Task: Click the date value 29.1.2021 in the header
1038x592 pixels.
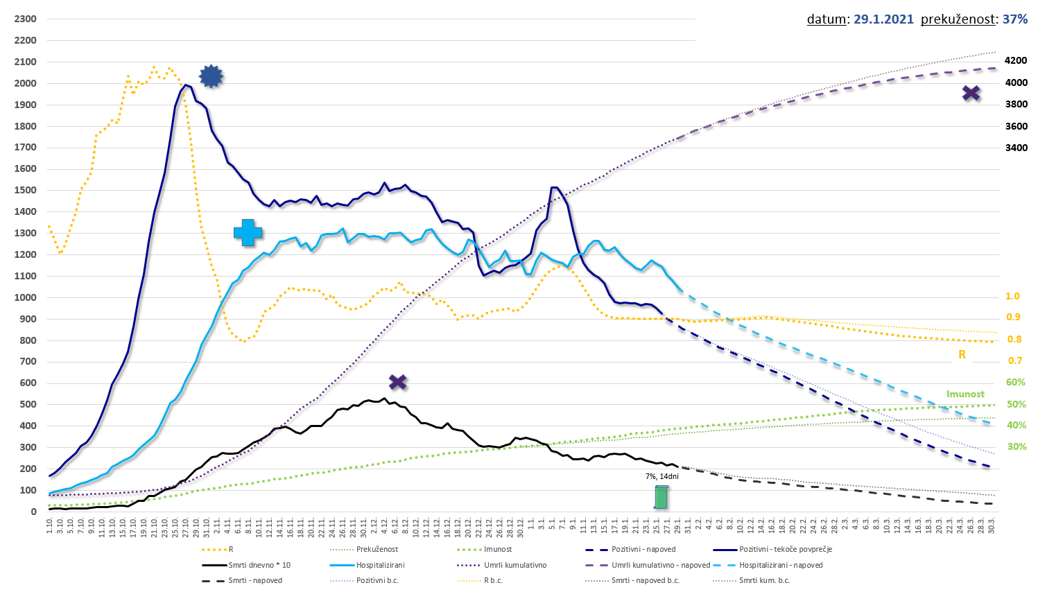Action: [x=883, y=19]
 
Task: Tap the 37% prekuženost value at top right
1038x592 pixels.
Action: [x=1015, y=19]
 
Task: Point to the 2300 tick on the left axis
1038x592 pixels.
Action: [x=25, y=19]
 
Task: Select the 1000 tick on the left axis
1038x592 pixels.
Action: [x=25, y=297]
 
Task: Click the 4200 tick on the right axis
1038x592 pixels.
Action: [x=1016, y=61]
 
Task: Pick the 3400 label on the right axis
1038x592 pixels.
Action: [x=1016, y=148]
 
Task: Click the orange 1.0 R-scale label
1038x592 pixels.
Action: [x=1012, y=296]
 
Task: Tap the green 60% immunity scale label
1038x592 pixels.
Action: [x=1015, y=382]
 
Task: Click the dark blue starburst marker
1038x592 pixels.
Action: [x=211, y=76]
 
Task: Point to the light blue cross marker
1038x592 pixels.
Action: [x=248, y=233]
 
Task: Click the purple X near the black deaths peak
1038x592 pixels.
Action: [x=397, y=382]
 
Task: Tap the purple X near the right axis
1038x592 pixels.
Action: [x=971, y=93]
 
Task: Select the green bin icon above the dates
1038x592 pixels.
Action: [x=661, y=497]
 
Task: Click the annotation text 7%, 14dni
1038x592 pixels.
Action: [x=661, y=476]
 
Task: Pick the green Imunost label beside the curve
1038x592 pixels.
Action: [x=965, y=394]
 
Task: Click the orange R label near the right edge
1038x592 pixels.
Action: [x=962, y=354]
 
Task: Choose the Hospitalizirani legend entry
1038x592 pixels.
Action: [x=380, y=565]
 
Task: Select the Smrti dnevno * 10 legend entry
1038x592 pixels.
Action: [x=259, y=565]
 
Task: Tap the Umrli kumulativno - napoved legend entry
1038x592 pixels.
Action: [x=661, y=565]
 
